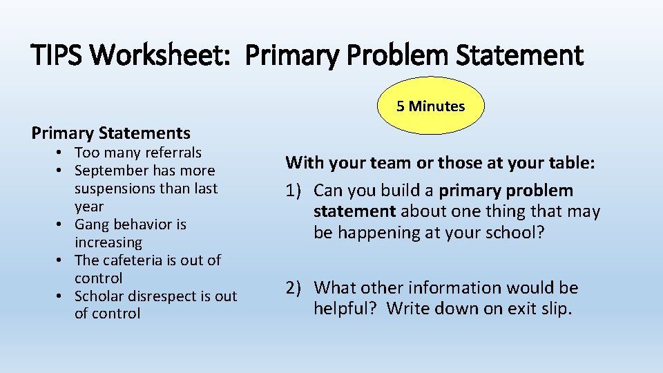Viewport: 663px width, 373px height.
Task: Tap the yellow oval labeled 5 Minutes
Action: point(431,106)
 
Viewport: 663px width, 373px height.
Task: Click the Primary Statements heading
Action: point(111,133)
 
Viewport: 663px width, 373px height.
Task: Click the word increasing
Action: point(108,242)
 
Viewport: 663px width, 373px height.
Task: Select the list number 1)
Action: point(296,191)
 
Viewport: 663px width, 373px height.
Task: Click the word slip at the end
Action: point(557,308)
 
